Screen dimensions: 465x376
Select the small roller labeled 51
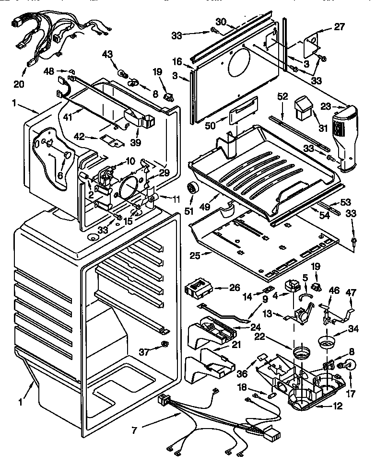194,189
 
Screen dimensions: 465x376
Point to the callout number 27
339,27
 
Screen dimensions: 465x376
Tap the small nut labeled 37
165,344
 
